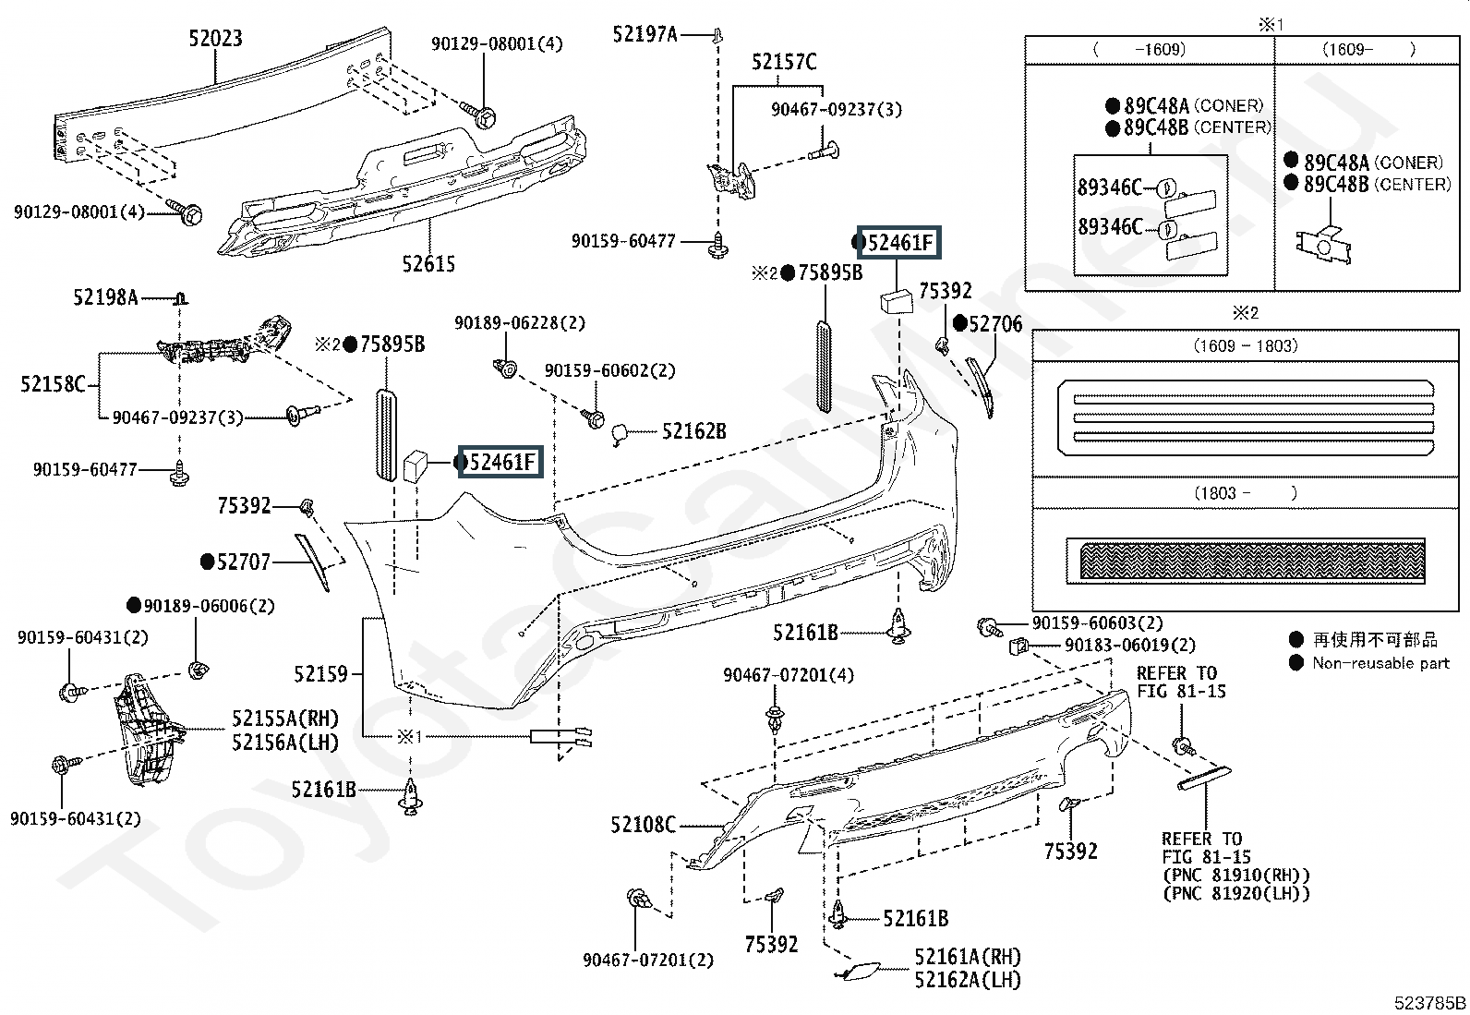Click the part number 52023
click(215, 38)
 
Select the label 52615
click(428, 264)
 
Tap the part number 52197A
click(645, 34)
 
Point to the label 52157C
click(783, 62)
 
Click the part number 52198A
click(105, 297)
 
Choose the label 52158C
click(53, 383)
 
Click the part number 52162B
click(693, 430)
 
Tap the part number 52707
click(243, 562)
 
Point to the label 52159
click(321, 674)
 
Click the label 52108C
click(643, 824)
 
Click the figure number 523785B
click(1429, 1003)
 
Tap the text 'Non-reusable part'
click(1380, 662)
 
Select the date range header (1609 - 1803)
click(1245, 345)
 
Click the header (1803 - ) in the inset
click(1245, 492)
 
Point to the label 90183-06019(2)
click(1129, 646)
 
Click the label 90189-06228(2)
click(519, 323)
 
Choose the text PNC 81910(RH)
click(1235, 875)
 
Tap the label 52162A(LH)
click(968, 980)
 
